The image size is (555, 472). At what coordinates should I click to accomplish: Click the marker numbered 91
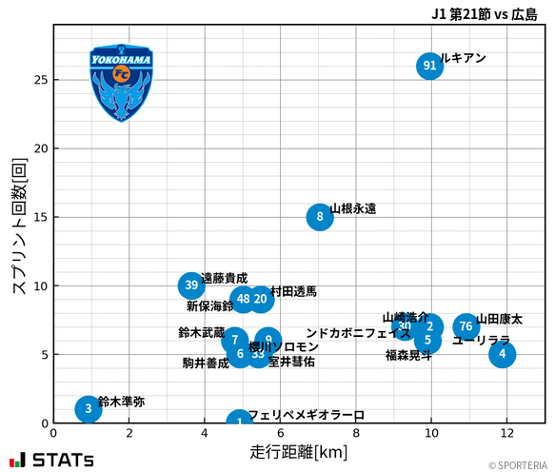[429, 66]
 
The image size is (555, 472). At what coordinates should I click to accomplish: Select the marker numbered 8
[320, 217]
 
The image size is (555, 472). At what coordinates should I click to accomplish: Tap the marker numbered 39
[191, 285]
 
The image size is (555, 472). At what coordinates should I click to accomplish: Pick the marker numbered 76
[466, 326]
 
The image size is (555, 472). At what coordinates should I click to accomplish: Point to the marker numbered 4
[502, 354]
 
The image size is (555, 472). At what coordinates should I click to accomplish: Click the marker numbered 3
[89, 409]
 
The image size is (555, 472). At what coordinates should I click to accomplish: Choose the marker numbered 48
[244, 299]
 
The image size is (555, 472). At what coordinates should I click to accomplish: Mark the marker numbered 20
[260, 299]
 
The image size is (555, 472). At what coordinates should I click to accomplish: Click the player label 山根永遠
[353, 208]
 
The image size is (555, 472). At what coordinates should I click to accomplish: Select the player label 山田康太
[500, 319]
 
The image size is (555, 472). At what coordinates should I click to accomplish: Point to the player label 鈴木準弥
[122, 402]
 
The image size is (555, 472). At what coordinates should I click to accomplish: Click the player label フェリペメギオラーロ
[306, 415]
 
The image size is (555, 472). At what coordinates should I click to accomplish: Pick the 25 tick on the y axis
[41, 80]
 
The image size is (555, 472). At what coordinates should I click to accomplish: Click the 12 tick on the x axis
[507, 433]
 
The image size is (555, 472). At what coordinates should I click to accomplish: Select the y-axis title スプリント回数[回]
[18, 225]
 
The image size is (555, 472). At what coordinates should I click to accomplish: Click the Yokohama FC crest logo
[121, 82]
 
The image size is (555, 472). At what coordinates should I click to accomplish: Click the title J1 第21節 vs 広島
[484, 13]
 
